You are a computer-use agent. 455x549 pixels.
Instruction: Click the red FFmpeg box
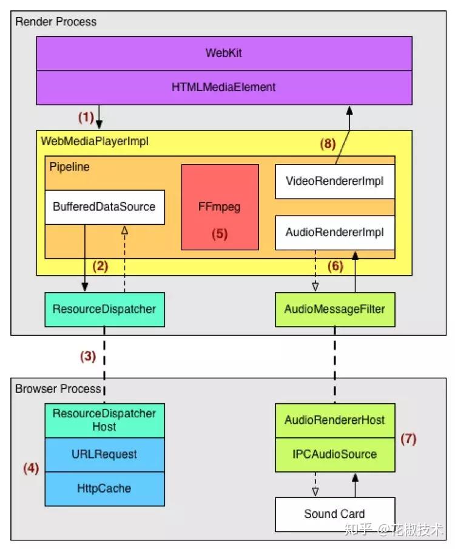pos(220,206)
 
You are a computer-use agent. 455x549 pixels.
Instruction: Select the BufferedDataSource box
pos(104,206)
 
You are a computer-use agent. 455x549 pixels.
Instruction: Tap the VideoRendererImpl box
pos(335,181)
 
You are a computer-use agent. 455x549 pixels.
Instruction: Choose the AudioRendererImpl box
pos(335,232)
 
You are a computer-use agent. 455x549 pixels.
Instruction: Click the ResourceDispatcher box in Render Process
pos(104,309)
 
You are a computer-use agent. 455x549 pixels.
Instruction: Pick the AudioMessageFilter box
pos(335,309)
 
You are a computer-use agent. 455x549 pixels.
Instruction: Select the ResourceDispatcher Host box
pos(104,420)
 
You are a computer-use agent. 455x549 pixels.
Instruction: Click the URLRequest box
pos(104,454)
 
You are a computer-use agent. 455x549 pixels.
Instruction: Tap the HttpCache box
pos(104,488)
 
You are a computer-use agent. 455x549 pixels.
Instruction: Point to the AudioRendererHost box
pos(335,420)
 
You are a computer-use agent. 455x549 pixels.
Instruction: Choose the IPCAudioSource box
pos(335,454)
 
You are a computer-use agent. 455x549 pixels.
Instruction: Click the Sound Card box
pos(335,514)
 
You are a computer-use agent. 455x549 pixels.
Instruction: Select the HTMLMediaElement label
pos(224,87)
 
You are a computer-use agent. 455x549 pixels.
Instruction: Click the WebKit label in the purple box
pos(224,53)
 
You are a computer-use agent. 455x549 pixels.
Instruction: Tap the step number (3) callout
pos(89,356)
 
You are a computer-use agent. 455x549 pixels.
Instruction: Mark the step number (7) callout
pos(408,438)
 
